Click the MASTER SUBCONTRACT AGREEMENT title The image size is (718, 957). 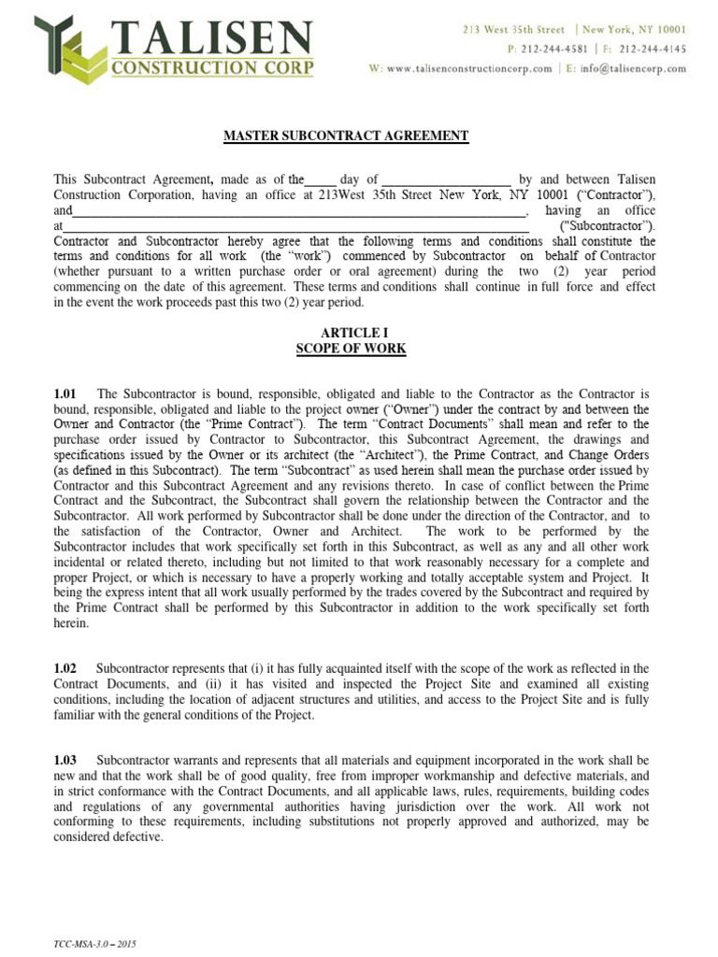(x=345, y=136)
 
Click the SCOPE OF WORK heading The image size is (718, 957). (x=351, y=349)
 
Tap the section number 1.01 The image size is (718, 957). (x=65, y=394)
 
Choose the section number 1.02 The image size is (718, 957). (x=65, y=668)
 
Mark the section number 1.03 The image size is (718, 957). (x=65, y=760)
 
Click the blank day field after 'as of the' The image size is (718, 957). (x=321, y=179)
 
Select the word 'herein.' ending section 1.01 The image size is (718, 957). (x=71, y=622)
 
